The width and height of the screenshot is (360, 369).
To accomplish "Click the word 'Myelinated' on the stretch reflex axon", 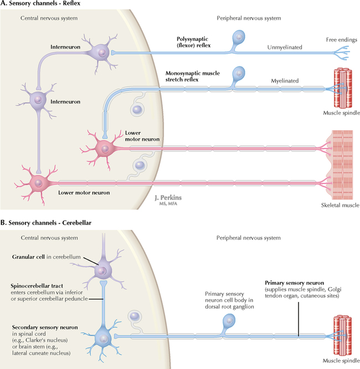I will (285, 81).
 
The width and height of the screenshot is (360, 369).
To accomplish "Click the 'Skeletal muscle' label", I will (340, 205).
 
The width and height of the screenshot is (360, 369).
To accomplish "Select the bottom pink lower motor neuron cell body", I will (37, 182).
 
